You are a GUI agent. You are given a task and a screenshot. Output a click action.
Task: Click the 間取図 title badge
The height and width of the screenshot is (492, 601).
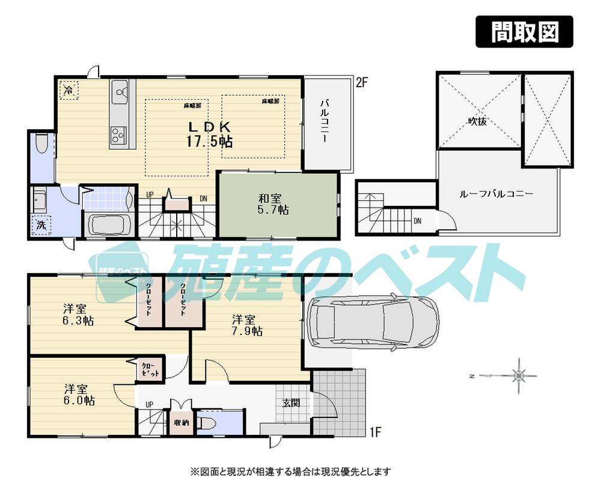pyautogui.click(x=524, y=31)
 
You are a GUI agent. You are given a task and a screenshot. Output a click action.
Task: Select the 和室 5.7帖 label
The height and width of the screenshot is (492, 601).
pyautogui.click(x=273, y=203)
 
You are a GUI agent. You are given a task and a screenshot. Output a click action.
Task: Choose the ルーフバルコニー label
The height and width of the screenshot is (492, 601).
pyautogui.click(x=496, y=194)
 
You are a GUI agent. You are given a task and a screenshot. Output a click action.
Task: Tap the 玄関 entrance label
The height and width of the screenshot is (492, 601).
pyautogui.click(x=291, y=403)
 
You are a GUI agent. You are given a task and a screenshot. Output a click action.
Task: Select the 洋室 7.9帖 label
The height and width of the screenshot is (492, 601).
pyautogui.click(x=247, y=324)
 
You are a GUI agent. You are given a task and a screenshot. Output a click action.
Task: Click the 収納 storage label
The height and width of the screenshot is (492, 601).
pyautogui.click(x=182, y=423)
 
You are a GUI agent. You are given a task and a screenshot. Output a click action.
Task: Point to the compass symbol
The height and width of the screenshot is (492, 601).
pyautogui.click(x=518, y=377)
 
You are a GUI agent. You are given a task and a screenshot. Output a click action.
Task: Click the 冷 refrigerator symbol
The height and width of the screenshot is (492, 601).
pyautogui.click(x=68, y=91)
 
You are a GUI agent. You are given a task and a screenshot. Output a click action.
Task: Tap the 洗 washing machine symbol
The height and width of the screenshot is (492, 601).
pyautogui.click(x=41, y=226)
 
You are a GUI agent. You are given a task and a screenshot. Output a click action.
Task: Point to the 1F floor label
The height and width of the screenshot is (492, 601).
pyautogui.click(x=376, y=431)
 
